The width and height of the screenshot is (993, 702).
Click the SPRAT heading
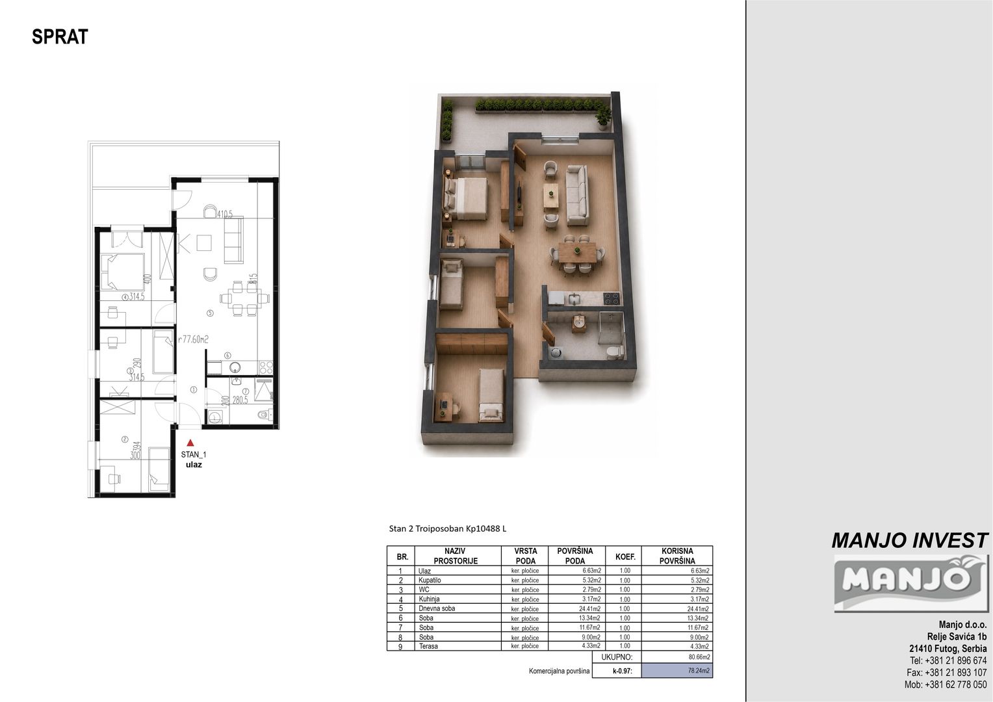[x=60, y=37]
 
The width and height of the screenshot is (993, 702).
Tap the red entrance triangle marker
[x=190, y=443]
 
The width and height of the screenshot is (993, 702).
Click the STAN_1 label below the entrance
[x=193, y=454]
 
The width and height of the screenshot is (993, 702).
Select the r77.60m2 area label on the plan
[x=193, y=340]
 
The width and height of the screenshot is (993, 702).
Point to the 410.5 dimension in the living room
[x=225, y=214]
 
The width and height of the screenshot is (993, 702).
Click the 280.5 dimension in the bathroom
[x=240, y=400]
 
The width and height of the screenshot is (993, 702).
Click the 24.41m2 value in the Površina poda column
[x=591, y=608]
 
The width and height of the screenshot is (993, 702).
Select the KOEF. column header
[x=625, y=556]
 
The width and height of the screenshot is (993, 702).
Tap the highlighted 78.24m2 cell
[x=677, y=671]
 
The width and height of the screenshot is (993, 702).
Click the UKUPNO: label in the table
[x=617, y=657]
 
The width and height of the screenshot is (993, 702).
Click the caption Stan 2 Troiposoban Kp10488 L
[x=447, y=528]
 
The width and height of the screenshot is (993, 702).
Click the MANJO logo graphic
[x=911, y=583]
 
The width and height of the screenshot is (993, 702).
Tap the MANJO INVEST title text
[x=910, y=541]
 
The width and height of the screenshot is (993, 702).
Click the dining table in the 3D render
[x=577, y=252]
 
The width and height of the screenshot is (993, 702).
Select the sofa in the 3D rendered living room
[x=578, y=194]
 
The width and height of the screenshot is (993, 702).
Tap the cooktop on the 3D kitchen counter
[x=612, y=298]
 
